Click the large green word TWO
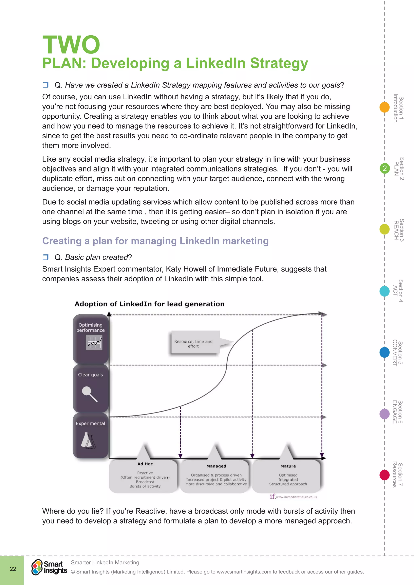[x=71, y=45]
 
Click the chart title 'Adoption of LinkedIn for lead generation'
[x=149, y=304]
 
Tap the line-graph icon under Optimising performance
[x=94, y=342]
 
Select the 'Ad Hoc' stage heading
[x=145, y=464]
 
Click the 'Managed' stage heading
[x=216, y=466]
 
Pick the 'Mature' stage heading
[x=288, y=466]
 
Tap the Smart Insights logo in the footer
[x=49, y=567]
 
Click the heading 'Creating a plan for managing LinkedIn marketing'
[x=155, y=241]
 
